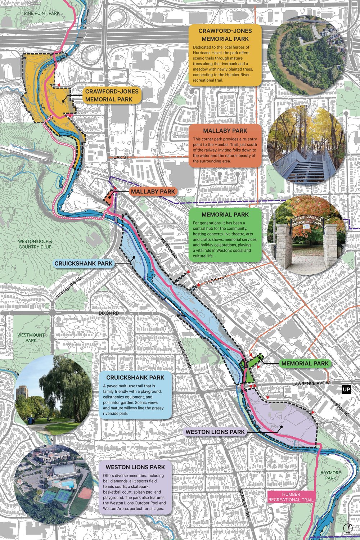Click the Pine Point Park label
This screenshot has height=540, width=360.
coord(42,13)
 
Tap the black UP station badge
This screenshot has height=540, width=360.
coord(346,390)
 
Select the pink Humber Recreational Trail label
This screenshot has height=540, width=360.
coord(291,497)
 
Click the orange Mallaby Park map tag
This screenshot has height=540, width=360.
coord(153,192)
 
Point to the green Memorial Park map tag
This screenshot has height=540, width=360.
coord(305,364)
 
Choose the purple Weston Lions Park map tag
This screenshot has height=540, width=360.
coord(215,432)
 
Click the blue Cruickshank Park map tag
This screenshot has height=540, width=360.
coord(84,264)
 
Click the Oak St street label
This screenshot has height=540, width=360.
coord(121,157)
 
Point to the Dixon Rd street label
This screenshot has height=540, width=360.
coord(109,314)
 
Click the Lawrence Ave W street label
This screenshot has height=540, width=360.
coord(311,384)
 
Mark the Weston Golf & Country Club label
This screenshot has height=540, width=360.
coord(35,244)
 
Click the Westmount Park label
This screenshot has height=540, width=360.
coord(31,338)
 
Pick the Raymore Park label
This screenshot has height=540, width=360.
coord(330,475)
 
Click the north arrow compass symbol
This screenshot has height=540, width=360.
coord(348,528)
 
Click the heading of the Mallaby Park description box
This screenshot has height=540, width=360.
coord(225,131)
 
